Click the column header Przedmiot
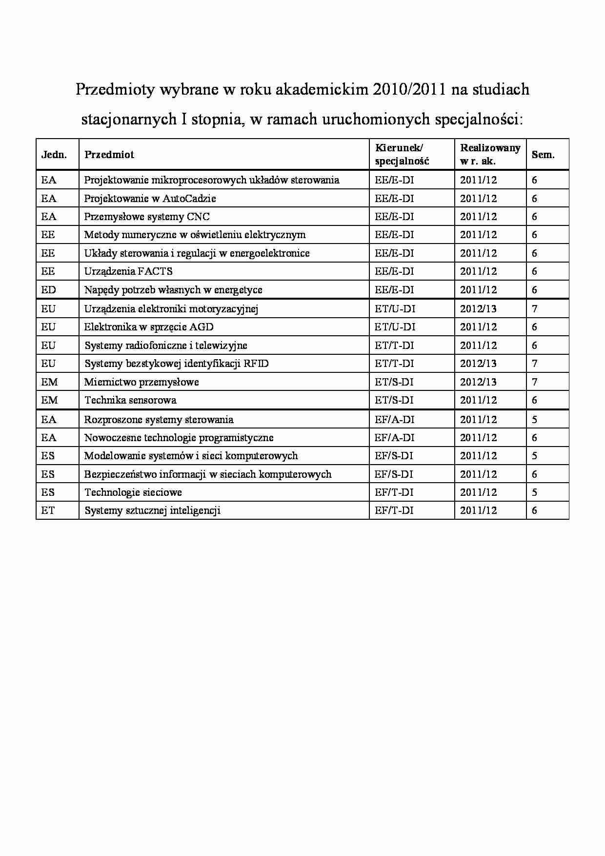[109, 155]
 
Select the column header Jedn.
[54, 155]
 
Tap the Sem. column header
[543, 155]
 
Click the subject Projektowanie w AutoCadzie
[150, 199]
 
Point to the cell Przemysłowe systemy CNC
[147, 217]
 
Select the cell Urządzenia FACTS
[128, 271]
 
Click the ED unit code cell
[49, 290]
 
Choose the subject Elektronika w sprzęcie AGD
[149, 327]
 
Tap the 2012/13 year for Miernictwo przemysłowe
[478, 382]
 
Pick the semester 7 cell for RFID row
[535, 364]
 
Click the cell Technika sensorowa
[130, 400]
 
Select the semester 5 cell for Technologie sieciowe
[535, 492]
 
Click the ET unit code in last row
[48, 510]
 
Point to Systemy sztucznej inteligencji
[152, 510]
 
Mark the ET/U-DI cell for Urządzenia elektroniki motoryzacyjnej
[395, 309]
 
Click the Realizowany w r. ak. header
[490, 154]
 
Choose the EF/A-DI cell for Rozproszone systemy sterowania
[394, 420]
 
